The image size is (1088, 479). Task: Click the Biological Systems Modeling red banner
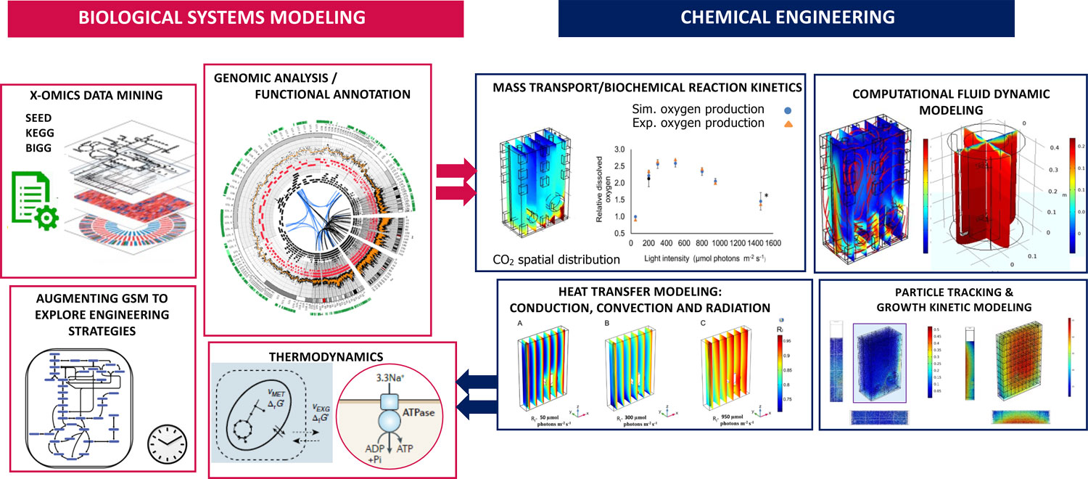point(235,17)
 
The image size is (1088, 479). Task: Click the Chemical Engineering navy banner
point(787,17)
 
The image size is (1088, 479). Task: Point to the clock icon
point(167,443)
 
